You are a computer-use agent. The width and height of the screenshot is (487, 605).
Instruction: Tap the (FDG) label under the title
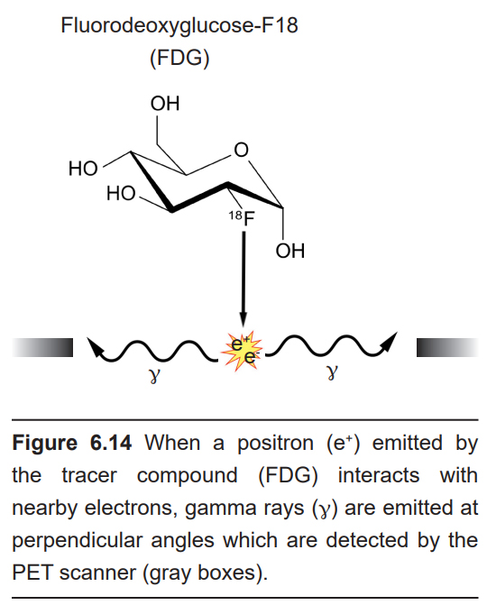pyautogui.click(x=179, y=59)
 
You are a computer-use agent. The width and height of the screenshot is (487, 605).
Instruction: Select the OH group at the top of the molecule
pyautogui.click(x=165, y=104)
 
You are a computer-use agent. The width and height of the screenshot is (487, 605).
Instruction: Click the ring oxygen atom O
pyautogui.click(x=241, y=150)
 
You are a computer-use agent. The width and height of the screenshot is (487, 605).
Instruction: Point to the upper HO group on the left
pyautogui.click(x=83, y=169)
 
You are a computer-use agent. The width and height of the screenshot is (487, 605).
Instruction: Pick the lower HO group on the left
pyautogui.click(x=121, y=193)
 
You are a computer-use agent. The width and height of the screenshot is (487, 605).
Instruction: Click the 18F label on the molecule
pyautogui.click(x=242, y=218)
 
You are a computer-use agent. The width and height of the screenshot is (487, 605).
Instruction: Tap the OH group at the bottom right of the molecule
pyautogui.click(x=290, y=251)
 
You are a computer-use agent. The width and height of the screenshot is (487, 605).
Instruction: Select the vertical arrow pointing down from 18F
pyautogui.click(x=243, y=279)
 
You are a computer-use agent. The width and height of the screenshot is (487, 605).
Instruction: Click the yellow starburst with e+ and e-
pyautogui.click(x=242, y=350)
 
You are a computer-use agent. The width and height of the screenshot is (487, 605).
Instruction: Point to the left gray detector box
pyautogui.click(x=42, y=347)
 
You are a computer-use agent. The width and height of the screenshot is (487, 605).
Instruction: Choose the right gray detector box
pyautogui.click(x=447, y=347)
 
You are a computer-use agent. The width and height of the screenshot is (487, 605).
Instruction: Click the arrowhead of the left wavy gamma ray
pyautogui.click(x=95, y=346)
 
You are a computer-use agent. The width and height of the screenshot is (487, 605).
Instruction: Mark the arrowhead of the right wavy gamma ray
pyautogui.click(x=389, y=341)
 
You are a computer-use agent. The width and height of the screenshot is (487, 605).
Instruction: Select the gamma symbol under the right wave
pyautogui.click(x=332, y=372)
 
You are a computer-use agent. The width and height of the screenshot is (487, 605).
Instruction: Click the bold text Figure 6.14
pyautogui.click(x=72, y=443)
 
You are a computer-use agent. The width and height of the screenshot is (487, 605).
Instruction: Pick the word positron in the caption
pyautogui.click(x=275, y=444)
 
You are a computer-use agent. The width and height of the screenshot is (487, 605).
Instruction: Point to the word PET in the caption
pyautogui.click(x=32, y=573)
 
